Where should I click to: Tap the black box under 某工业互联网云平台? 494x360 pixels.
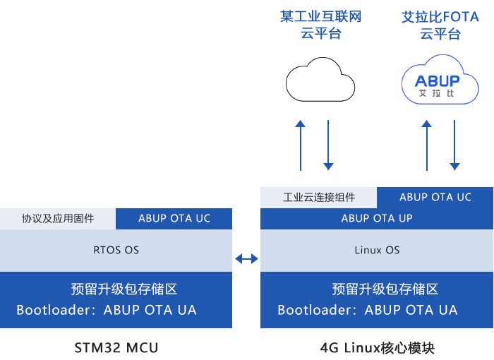[x=320, y=79]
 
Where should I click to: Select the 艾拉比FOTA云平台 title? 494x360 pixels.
[x=440, y=25]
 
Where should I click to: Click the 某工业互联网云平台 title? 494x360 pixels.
[x=320, y=25]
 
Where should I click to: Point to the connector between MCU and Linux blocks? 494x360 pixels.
[x=246, y=258]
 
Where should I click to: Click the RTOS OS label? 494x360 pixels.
[x=116, y=250]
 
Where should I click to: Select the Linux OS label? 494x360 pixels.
[x=377, y=250]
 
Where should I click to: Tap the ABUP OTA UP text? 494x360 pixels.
[x=377, y=218]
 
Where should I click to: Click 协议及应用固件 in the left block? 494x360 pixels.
[x=58, y=218]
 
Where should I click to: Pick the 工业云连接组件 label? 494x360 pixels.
[x=319, y=197]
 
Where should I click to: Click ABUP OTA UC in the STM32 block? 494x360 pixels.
[x=174, y=218]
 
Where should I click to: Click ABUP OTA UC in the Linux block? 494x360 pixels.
[x=435, y=197]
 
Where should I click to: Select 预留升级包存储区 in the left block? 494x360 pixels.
[x=123, y=289]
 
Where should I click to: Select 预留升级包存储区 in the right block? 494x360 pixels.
[x=385, y=289]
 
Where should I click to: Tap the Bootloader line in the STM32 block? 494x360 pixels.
[x=107, y=310]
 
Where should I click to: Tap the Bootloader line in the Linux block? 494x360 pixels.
[x=368, y=310]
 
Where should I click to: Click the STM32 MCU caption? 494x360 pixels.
[x=116, y=347]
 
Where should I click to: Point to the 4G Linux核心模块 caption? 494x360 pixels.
[x=377, y=347]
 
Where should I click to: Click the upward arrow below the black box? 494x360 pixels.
[x=301, y=145]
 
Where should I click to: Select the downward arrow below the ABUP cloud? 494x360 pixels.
[x=454, y=145]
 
